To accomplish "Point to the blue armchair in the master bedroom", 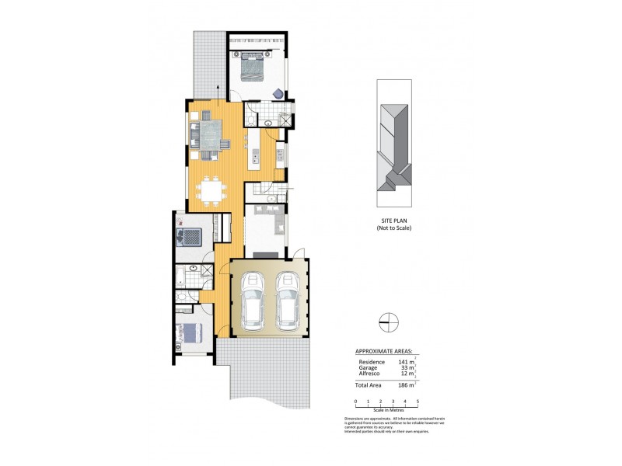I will (278, 93).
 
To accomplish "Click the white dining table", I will (210, 190).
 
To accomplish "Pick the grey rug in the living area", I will (209, 131).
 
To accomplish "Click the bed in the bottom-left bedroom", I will (190, 332).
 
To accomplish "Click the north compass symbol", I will (388, 320).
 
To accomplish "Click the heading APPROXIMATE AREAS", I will (384, 352).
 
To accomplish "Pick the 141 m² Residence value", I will (406, 362).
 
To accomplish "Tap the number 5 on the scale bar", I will (418, 402).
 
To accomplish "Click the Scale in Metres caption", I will (387, 409).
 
